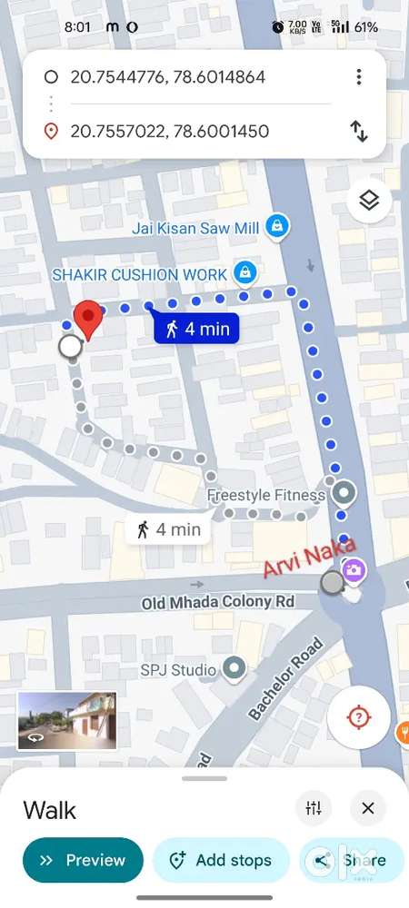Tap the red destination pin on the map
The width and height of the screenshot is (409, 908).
(x=87, y=320)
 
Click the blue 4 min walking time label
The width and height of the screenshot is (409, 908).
(x=196, y=329)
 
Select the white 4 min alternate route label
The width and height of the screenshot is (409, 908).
(x=168, y=529)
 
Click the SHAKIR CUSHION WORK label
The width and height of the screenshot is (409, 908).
(x=141, y=272)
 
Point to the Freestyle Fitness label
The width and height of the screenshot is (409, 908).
(x=265, y=496)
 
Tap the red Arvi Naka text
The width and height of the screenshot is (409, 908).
(x=297, y=559)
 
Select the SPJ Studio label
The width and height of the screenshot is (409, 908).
(x=178, y=670)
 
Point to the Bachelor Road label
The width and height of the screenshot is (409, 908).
(x=284, y=681)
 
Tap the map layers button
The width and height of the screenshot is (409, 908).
(x=368, y=202)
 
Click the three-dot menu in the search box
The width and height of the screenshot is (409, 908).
(x=359, y=77)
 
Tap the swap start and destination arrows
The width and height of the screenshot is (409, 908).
(x=359, y=132)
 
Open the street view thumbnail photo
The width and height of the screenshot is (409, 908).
(x=66, y=720)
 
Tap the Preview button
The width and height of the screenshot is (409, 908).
(x=83, y=860)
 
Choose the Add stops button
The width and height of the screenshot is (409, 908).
(x=221, y=860)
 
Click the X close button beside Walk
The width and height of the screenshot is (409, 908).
(x=367, y=808)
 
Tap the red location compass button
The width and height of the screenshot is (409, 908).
(x=358, y=717)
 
